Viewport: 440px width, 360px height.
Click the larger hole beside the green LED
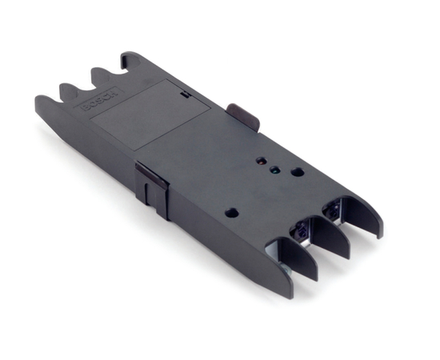[x=296, y=171]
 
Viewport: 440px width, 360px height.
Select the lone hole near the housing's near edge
[x=232, y=213]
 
